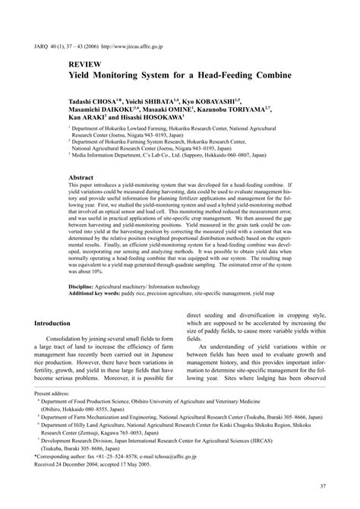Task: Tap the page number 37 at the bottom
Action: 323,486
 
